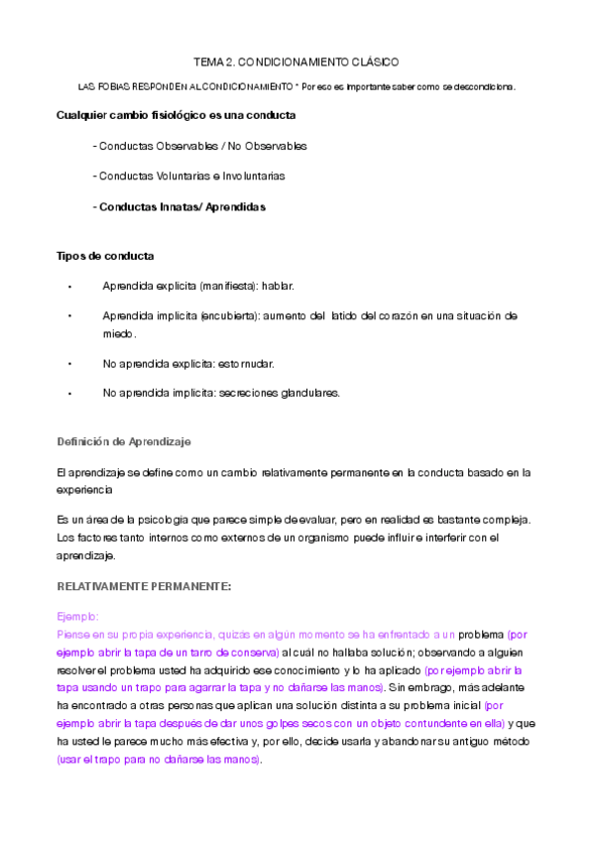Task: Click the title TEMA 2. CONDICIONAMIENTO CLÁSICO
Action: pyautogui.click(x=296, y=61)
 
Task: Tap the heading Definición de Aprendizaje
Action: pyautogui.click(x=124, y=440)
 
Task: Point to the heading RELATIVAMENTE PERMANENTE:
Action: pyautogui.click(x=144, y=586)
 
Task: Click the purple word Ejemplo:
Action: pyautogui.click(x=78, y=615)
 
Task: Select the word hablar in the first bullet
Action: pyautogui.click(x=278, y=286)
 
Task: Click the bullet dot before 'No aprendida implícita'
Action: pyautogui.click(x=70, y=394)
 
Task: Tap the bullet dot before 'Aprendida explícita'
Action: pyautogui.click(x=70, y=287)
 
